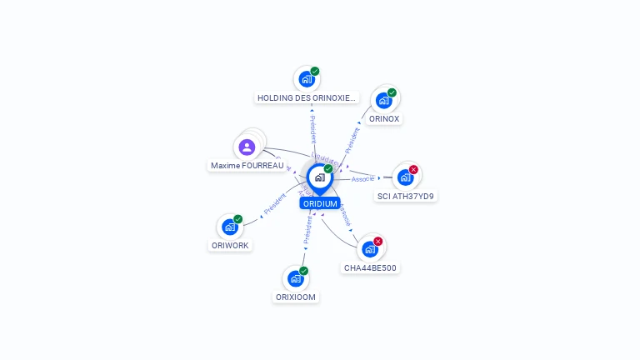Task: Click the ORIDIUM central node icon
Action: click(319, 177)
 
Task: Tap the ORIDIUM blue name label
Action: click(320, 203)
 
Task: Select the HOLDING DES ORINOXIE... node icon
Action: click(306, 79)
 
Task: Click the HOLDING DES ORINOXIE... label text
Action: click(307, 97)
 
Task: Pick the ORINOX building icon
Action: click(383, 101)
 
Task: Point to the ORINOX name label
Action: click(384, 119)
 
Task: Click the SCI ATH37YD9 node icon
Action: click(405, 177)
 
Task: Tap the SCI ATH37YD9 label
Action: click(406, 197)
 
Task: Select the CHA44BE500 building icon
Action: click(370, 249)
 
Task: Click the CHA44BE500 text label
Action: click(371, 268)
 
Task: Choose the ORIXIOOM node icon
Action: click(295, 278)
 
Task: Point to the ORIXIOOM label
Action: click(296, 297)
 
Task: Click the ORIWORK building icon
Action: click(229, 227)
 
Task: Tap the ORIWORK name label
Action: click(230, 246)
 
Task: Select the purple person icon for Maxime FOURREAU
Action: click(247, 147)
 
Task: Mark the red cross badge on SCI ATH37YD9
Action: click(413, 169)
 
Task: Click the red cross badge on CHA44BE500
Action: click(378, 242)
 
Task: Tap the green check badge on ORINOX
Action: click(392, 92)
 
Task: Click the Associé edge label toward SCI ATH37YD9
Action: click(362, 179)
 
